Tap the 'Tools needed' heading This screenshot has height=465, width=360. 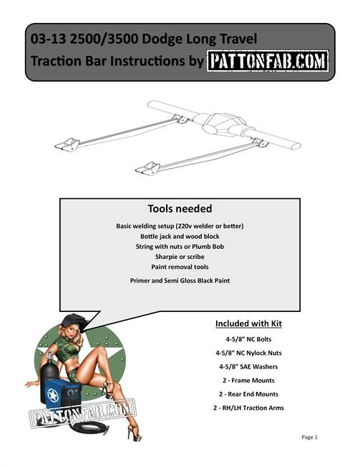tap(180, 209)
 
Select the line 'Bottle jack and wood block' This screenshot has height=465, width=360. tap(180, 236)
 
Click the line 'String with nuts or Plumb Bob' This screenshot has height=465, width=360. tap(180, 246)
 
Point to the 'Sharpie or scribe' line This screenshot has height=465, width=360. tap(180, 256)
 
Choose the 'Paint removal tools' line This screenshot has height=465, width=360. tap(180, 266)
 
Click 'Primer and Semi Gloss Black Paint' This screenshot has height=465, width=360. tap(180, 280)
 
